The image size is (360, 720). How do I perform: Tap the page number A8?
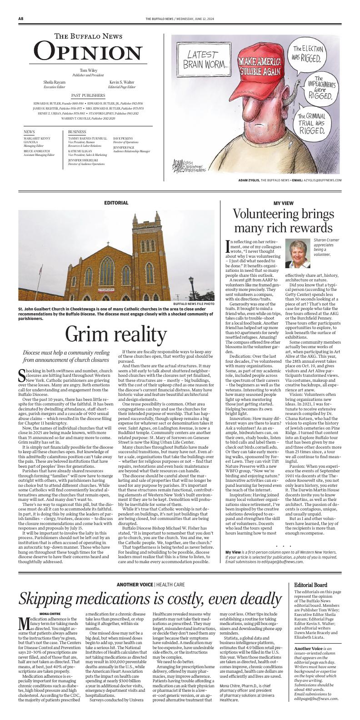click(21, 19)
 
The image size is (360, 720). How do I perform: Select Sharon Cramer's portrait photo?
click(297, 254)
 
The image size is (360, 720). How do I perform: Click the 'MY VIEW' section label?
click(283, 203)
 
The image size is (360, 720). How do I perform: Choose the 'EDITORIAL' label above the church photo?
click(116, 203)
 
